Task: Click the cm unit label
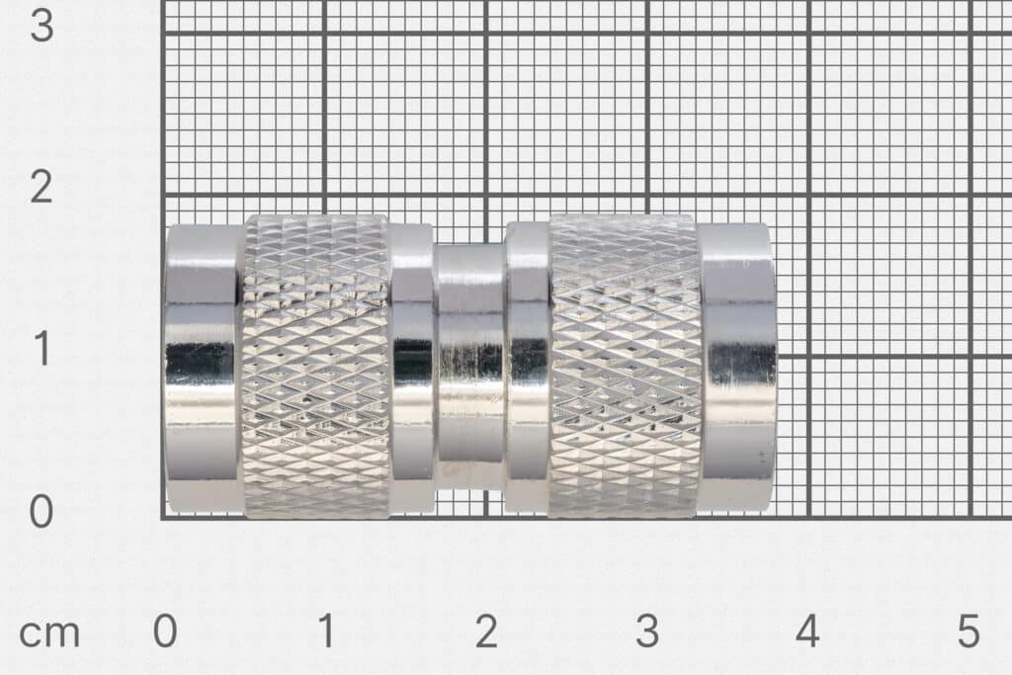(49, 633)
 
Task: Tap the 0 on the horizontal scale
(165, 632)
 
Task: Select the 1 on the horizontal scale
(325, 632)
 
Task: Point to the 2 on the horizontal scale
(486, 632)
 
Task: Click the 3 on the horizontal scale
(647, 632)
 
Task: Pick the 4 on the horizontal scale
(807, 632)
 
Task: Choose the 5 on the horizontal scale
(969, 632)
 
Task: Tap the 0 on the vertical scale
(41, 512)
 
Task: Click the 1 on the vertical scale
(41, 349)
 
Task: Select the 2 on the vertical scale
(41, 187)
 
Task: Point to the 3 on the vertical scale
(41, 26)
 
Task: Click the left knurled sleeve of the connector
(315, 366)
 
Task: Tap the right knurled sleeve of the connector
(625, 366)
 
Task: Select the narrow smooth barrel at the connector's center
(470, 366)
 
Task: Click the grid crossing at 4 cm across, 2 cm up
(808, 194)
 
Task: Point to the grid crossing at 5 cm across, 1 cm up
(970, 356)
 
